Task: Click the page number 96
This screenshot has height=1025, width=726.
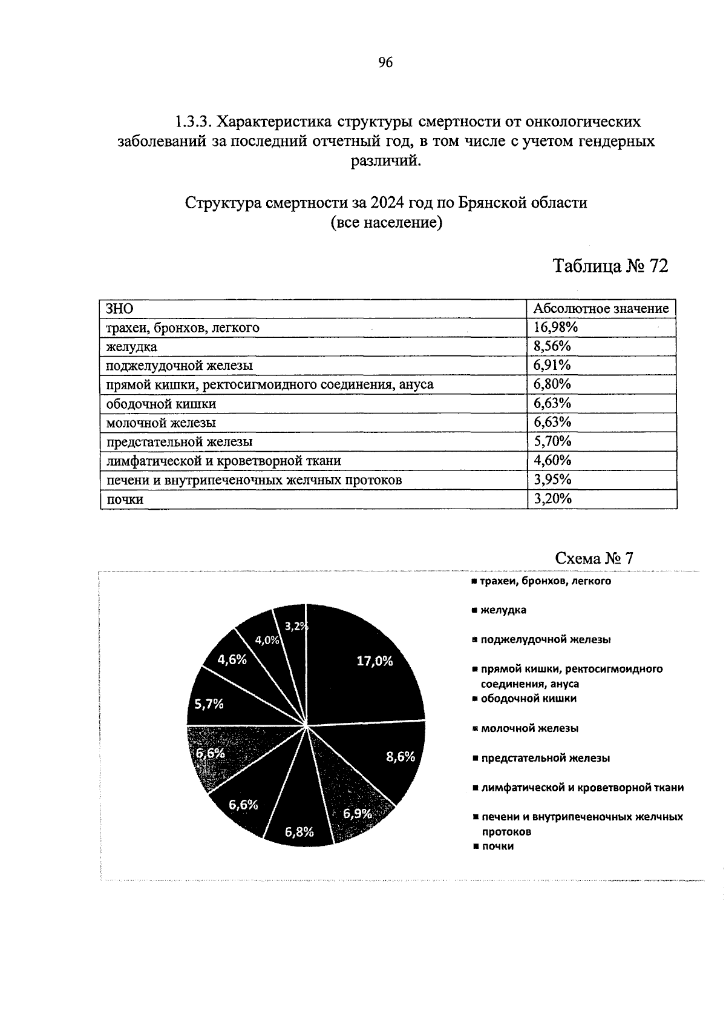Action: click(x=385, y=62)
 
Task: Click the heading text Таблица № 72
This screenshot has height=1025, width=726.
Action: click(x=610, y=266)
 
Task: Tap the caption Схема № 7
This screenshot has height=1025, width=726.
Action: click(x=594, y=558)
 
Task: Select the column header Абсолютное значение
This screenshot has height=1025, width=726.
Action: click(x=601, y=309)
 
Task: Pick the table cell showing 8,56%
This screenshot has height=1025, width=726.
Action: click(x=552, y=346)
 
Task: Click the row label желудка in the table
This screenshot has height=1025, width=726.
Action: click(x=131, y=347)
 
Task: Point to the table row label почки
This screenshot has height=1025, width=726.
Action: click(x=125, y=499)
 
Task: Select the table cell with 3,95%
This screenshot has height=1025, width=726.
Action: click(x=552, y=480)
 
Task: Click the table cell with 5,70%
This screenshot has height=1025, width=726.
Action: click(x=552, y=442)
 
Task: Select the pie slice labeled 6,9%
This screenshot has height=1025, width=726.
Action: click(x=354, y=808)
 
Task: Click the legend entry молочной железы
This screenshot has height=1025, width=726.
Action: click(x=529, y=728)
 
